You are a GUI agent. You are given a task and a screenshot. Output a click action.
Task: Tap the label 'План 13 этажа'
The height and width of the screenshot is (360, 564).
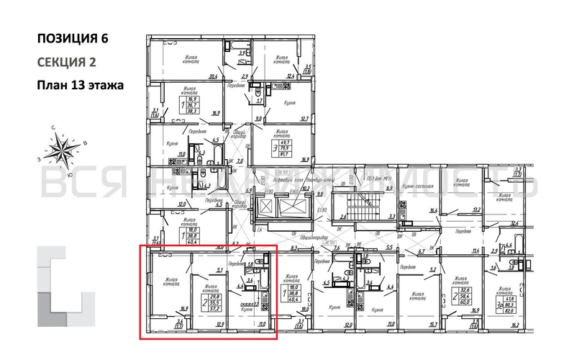point(80,85)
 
